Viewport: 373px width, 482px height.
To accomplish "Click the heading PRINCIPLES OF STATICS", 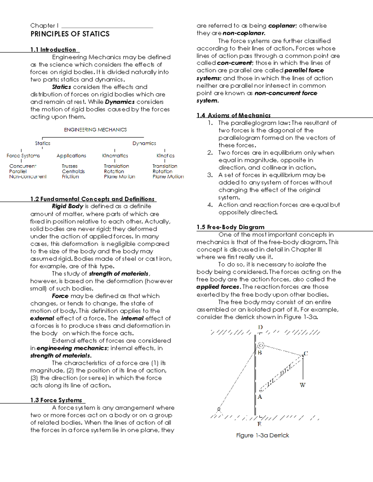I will (70, 34).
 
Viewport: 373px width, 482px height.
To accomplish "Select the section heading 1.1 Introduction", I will (53, 50).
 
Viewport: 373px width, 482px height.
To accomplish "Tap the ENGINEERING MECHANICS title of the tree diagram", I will (95, 130).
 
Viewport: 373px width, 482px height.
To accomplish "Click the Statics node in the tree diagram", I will (43, 143).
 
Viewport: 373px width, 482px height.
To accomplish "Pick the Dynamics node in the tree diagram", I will (144, 143).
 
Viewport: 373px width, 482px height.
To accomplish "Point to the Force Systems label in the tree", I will (23, 156).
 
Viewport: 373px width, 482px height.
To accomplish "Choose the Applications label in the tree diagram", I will (71, 156).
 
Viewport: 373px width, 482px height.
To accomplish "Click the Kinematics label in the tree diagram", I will (115, 156).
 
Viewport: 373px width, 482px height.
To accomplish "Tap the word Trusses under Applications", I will (70, 166).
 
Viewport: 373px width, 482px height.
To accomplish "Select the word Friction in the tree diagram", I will (70, 177).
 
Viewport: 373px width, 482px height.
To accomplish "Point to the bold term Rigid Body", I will (67, 206).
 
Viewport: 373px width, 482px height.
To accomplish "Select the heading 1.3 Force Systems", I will (56, 400).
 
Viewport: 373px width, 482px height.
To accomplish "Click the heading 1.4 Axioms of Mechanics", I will (233, 115).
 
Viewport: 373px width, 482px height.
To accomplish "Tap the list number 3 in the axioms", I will (210, 175).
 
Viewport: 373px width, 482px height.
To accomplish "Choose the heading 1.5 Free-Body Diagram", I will (230, 227).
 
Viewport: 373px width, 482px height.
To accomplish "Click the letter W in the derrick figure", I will (302, 385).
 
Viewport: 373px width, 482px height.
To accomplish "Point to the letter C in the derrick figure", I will (306, 354).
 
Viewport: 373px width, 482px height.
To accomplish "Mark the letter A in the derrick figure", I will (260, 397).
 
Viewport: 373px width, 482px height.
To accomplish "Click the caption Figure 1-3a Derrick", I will (262, 435).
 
